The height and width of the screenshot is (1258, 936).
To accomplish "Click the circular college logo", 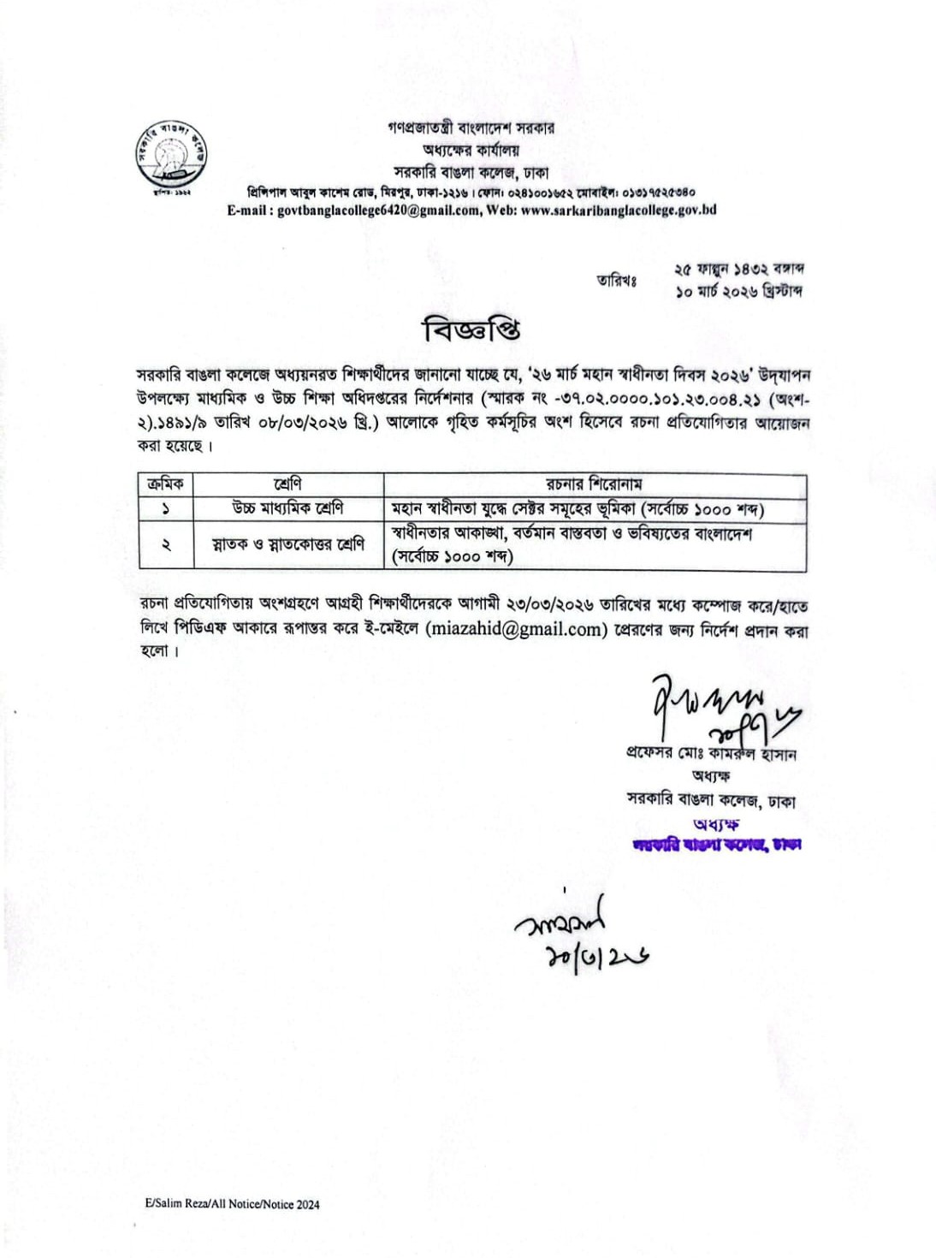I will click(x=172, y=159).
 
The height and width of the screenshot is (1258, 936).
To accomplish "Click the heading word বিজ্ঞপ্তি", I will click(x=471, y=329).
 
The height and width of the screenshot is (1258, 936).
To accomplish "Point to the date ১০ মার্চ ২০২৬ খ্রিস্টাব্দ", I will click(x=738, y=292).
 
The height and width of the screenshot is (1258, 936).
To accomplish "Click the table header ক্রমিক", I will click(x=165, y=484).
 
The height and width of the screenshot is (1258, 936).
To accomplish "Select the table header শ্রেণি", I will click(x=287, y=484).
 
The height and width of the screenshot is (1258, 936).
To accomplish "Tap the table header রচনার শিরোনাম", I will click(x=594, y=484).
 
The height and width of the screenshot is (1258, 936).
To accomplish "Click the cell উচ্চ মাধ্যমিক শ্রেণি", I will click(x=287, y=508).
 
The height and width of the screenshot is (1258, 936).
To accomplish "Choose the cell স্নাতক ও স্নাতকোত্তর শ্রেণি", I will click(x=287, y=544).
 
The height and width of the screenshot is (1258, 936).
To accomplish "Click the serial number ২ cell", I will click(x=165, y=545).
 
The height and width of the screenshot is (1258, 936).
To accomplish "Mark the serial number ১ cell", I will click(x=165, y=509).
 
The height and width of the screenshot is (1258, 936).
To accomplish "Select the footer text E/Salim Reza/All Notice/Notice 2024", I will click(x=232, y=1204).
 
